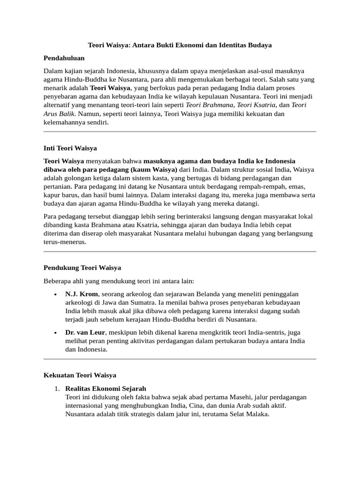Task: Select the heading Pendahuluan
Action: coord(64,58)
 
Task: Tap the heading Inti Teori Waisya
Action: coord(70,148)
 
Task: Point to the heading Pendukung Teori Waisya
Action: coord(82,268)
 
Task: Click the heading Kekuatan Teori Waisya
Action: coord(80,375)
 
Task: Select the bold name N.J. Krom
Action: coord(82,294)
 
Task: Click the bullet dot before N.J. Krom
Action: coord(55,294)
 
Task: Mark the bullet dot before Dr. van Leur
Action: coord(55,333)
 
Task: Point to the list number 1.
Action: coord(56,389)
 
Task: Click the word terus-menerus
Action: coord(65,242)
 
